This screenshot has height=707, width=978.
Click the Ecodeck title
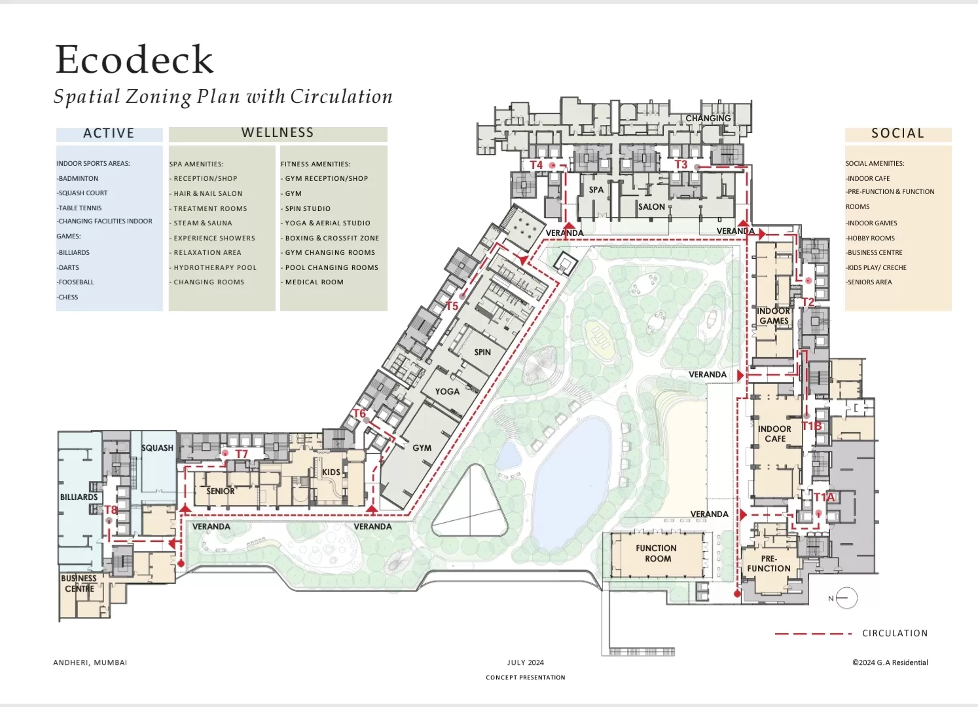click(135, 60)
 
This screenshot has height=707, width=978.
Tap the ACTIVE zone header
click(109, 134)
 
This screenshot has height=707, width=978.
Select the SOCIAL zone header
click(897, 134)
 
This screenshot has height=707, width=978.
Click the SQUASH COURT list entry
click(82, 193)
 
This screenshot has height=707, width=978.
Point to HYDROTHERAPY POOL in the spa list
click(215, 267)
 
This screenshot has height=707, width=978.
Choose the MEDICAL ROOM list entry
click(314, 282)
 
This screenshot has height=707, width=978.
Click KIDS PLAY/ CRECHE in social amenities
click(877, 267)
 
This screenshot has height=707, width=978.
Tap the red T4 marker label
click(536, 165)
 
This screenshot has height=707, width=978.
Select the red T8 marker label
click(111, 510)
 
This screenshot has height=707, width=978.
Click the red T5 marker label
click(452, 306)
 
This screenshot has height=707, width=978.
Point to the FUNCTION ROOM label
click(657, 554)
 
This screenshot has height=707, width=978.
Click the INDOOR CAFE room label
click(774, 434)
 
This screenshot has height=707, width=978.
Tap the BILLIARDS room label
click(79, 497)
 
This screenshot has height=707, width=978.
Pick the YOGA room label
click(447, 392)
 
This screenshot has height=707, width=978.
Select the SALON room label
click(651, 206)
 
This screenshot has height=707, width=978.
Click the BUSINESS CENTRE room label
click(79, 583)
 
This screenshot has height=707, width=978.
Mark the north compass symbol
click(845, 598)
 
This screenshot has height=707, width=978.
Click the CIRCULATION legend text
click(895, 634)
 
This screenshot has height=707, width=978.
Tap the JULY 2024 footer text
click(525, 662)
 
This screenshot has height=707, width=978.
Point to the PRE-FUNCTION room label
click(769, 564)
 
